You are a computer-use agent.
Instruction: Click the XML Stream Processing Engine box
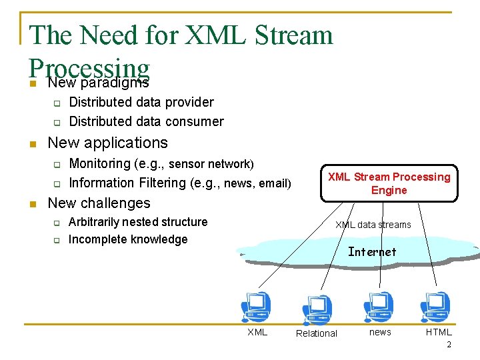389,183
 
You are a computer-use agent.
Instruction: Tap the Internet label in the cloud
372,252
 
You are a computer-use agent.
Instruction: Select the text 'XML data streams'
373,225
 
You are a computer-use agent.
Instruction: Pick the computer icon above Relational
317,309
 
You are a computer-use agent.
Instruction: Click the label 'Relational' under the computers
317,333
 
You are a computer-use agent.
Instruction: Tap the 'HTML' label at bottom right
439,332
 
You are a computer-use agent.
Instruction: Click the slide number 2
449,345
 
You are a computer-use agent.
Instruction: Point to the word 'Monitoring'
100,163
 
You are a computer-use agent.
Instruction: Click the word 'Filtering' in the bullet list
164,183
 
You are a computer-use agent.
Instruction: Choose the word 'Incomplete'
96,239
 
